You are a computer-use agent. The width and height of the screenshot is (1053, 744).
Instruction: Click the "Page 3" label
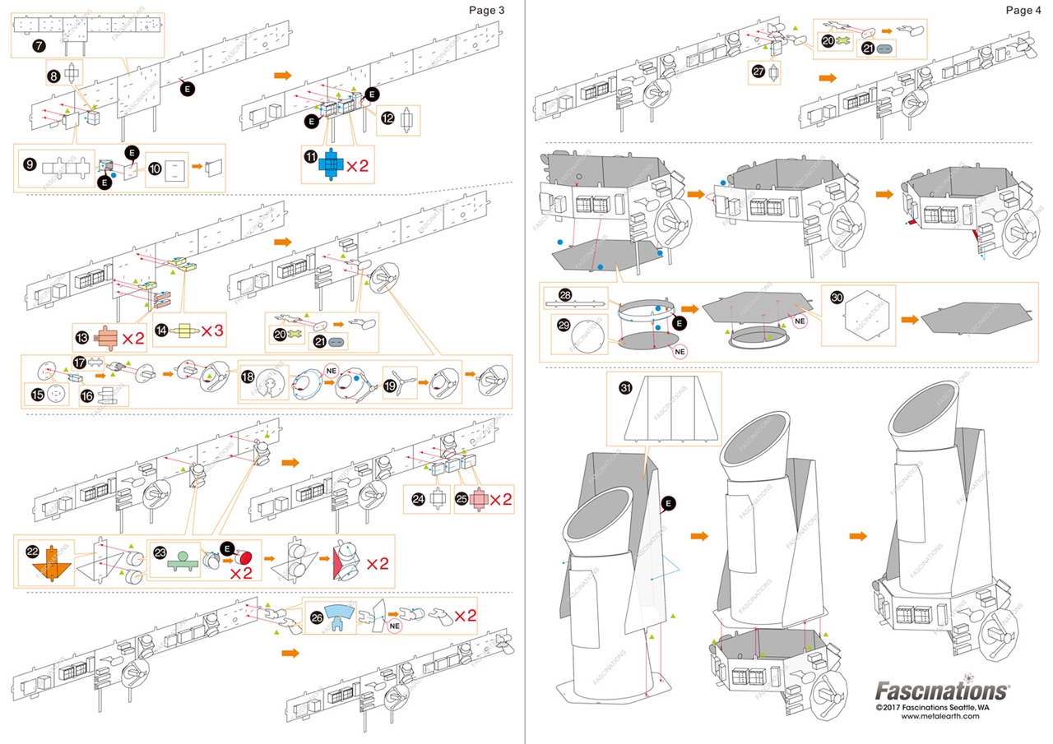click(485, 10)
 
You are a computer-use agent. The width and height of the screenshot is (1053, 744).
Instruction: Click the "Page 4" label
click(1023, 10)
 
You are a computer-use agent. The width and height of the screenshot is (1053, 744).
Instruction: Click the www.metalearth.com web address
click(940, 716)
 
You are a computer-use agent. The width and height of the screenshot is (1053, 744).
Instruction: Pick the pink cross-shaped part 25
click(478, 499)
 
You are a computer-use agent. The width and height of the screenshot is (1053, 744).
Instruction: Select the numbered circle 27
click(758, 72)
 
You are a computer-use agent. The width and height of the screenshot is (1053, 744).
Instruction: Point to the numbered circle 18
click(247, 378)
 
